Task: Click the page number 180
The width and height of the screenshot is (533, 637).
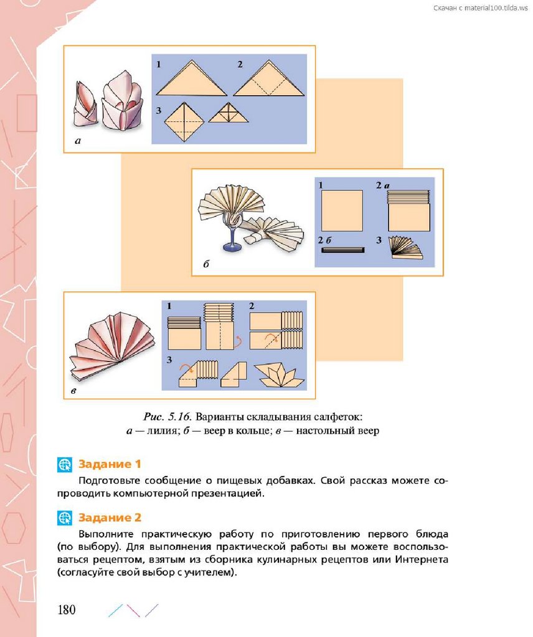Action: (67, 610)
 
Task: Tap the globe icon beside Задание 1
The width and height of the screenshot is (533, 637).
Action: (65, 464)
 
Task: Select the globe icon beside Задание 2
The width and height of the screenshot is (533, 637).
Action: (65, 518)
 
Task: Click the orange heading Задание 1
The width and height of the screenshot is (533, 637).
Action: (110, 464)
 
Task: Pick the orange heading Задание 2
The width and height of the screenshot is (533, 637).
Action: (110, 518)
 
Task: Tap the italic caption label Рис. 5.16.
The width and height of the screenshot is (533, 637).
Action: (167, 417)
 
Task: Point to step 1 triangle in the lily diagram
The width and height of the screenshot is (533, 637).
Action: (192, 78)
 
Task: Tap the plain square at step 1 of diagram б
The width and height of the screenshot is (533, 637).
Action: (342, 210)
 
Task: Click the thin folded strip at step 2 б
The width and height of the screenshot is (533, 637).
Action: (342, 250)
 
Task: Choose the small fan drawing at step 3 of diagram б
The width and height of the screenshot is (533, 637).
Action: (405, 248)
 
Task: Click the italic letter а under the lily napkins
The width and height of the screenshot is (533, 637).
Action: (78, 141)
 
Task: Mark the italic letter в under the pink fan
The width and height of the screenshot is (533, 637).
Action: (73, 391)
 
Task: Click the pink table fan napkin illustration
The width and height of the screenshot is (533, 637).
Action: (112, 345)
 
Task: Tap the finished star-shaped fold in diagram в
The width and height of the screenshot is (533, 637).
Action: (280, 375)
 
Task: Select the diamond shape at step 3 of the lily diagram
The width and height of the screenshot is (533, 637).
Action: (184, 122)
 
